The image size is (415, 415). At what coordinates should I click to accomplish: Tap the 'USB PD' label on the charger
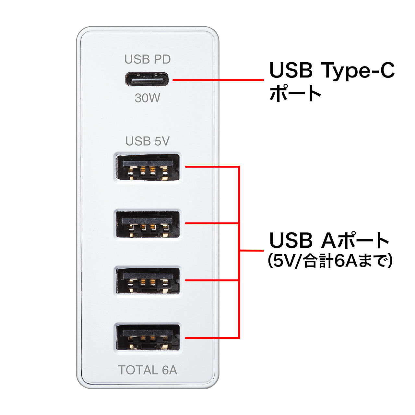pyautogui.click(x=148, y=60)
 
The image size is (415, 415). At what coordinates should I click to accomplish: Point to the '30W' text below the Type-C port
pyautogui.click(x=148, y=98)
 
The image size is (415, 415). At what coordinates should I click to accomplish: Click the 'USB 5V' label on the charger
pyautogui.click(x=148, y=141)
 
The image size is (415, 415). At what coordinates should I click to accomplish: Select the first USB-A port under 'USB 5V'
pyautogui.click(x=148, y=168)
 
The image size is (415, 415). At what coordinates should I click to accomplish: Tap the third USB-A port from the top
pyautogui.click(x=148, y=281)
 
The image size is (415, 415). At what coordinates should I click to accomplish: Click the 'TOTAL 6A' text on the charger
pyautogui.click(x=148, y=370)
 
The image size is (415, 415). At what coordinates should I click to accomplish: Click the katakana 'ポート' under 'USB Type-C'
pyautogui.click(x=295, y=94)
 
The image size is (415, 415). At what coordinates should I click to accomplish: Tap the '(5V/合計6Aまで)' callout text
pyautogui.click(x=330, y=261)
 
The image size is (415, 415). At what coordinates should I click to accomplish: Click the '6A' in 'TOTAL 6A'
pyautogui.click(x=169, y=370)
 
